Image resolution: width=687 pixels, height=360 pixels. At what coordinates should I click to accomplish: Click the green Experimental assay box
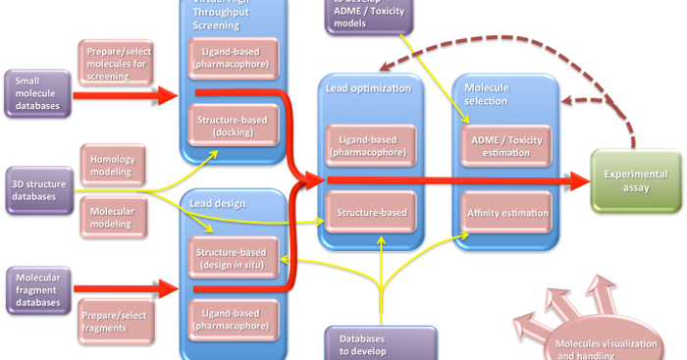(x=636, y=181)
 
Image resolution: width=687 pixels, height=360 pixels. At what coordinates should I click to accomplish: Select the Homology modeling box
(x=113, y=164)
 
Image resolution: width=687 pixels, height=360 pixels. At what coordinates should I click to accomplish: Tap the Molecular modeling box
(x=113, y=216)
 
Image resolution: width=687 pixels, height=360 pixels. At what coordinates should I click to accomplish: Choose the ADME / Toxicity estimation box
(x=504, y=147)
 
